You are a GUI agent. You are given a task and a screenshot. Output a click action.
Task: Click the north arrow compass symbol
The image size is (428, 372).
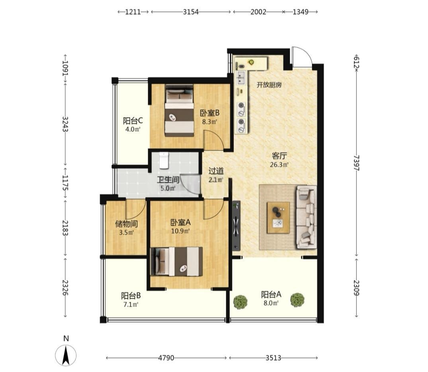click(x=66, y=355)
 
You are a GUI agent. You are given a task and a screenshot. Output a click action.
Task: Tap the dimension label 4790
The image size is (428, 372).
click(x=166, y=358)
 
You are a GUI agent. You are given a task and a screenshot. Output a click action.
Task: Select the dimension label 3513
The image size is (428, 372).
click(x=273, y=358)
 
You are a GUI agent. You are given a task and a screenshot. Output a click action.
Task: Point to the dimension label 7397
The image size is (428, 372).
click(x=356, y=163)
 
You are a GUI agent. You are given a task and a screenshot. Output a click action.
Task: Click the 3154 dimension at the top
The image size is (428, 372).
click(x=191, y=12)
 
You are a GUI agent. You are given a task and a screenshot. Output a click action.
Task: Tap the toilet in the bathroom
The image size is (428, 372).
click(x=164, y=160)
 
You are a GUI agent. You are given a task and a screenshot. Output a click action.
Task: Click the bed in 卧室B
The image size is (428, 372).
click(x=179, y=110)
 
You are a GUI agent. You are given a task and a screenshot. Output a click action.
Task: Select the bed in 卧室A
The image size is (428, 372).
click(x=177, y=261)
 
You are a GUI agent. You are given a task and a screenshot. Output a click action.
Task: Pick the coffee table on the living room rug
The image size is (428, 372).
click(x=278, y=218)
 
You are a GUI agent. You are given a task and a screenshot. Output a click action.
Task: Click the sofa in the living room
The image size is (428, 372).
click(x=306, y=217)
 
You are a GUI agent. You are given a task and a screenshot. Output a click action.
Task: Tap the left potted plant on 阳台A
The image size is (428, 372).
click(x=240, y=301)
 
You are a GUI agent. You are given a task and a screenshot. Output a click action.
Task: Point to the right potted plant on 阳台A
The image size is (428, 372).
click(x=297, y=300)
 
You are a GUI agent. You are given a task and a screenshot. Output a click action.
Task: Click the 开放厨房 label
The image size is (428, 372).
click(x=269, y=85)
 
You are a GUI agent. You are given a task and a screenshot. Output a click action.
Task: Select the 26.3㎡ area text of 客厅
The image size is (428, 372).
click(x=279, y=165)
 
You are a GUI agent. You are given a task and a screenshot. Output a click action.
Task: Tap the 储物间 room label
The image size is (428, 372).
click(x=126, y=224)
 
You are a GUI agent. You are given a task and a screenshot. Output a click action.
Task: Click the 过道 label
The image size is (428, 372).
click(x=216, y=171)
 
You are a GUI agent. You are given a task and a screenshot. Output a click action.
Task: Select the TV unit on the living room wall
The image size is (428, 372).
click(x=236, y=226)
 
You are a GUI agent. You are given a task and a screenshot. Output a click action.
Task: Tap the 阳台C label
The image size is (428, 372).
click(x=133, y=120)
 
